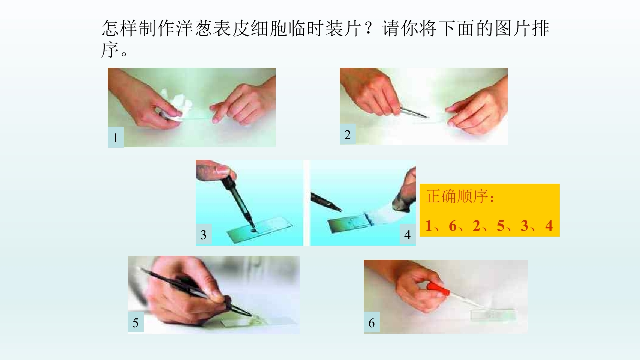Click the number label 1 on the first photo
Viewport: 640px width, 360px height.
point(115,138)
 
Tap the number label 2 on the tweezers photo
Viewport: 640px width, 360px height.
point(347,135)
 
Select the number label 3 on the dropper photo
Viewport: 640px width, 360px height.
point(203,235)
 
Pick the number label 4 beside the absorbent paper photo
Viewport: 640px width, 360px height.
point(407,235)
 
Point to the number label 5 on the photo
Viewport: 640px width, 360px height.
point(135,323)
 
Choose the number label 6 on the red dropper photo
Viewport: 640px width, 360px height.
point(371,323)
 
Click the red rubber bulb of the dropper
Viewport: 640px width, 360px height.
point(439,288)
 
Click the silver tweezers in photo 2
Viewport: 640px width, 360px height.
point(414,112)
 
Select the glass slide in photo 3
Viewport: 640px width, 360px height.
point(260,229)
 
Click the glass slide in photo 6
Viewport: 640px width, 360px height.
point(493,315)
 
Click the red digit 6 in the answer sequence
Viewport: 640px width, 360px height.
point(453,225)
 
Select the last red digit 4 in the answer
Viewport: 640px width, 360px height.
point(549,225)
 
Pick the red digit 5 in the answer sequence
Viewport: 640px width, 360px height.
point(501,225)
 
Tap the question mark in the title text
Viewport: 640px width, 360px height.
point(369,28)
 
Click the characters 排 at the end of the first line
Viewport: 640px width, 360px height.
point(541,28)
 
